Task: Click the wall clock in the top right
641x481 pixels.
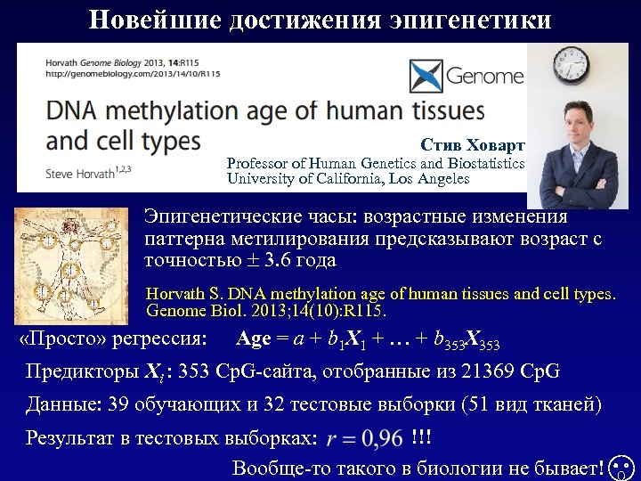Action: coord(570,63)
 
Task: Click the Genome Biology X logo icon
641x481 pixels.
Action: coord(426,77)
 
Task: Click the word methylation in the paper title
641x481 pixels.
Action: coord(200,110)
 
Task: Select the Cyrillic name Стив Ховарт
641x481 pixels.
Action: coord(473,145)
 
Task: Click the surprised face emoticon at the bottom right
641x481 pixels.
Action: coord(623,467)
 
